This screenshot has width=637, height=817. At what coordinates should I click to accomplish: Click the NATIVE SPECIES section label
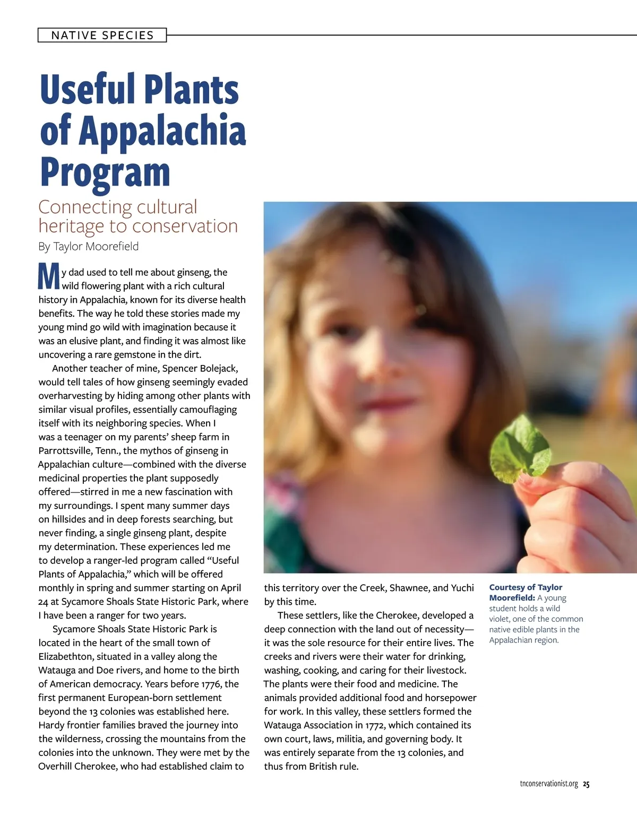102,36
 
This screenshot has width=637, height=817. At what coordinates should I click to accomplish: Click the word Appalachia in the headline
162,131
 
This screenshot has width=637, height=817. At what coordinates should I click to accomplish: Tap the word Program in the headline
105,172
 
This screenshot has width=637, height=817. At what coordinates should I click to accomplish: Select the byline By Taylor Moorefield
89,247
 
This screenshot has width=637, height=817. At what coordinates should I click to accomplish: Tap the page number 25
586,784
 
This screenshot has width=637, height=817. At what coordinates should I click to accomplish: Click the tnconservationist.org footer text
549,784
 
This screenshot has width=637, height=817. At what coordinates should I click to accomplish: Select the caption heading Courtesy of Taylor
526,587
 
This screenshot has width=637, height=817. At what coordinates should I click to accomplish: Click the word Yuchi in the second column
462,588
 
